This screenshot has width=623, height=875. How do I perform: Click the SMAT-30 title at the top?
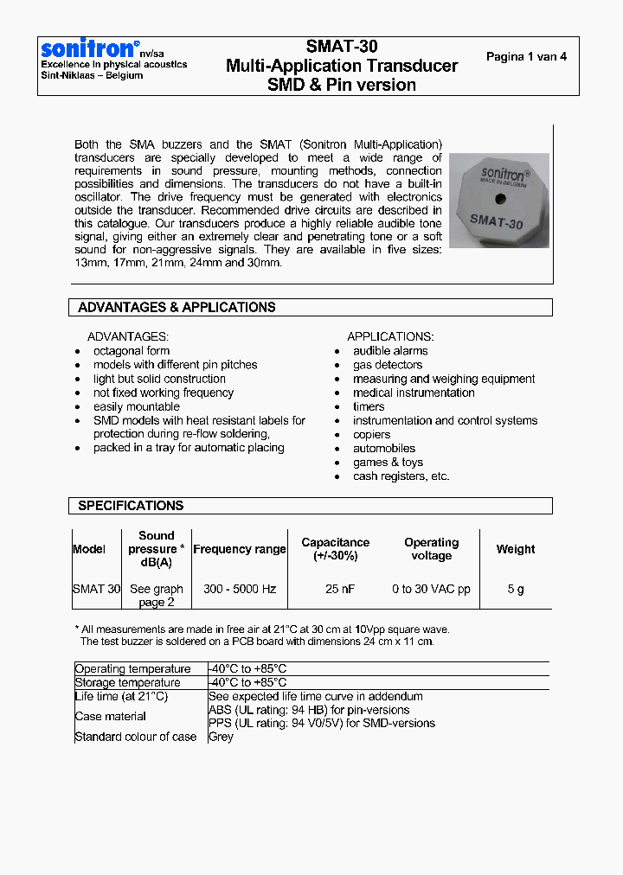pyautogui.click(x=342, y=47)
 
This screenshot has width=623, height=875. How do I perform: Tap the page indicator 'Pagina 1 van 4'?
pyautogui.click(x=526, y=57)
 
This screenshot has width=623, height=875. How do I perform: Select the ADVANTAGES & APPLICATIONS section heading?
pyautogui.click(x=177, y=307)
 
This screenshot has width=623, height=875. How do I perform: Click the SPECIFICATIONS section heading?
pyautogui.click(x=131, y=506)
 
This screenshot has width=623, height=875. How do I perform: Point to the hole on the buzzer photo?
pyautogui.click(x=500, y=202)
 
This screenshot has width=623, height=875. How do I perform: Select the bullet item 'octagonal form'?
pyautogui.click(x=132, y=351)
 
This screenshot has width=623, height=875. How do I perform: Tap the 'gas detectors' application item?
pyautogui.click(x=388, y=365)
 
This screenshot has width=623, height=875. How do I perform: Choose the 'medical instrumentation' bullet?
pyautogui.click(x=414, y=393)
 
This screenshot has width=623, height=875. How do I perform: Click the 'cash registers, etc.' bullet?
pyautogui.click(x=401, y=476)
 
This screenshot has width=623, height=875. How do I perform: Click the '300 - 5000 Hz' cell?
pyautogui.click(x=240, y=589)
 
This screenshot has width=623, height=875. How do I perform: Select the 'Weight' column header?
pyautogui.click(x=516, y=549)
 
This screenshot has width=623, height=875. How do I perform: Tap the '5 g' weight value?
pyautogui.click(x=516, y=589)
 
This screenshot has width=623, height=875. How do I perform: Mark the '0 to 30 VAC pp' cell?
pyautogui.click(x=431, y=589)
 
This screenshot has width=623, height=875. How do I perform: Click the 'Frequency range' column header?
pyautogui.click(x=240, y=549)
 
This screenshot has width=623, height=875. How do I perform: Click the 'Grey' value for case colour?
pyautogui.click(x=222, y=737)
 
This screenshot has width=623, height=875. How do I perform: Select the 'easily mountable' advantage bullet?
pyautogui.click(x=137, y=406)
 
